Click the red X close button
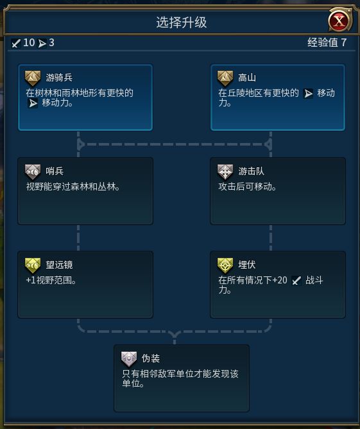click(339, 21)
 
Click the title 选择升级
click(182, 22)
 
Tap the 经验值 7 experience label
click(327, 43)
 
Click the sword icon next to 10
click(16, 43)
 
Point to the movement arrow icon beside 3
click(42, 43)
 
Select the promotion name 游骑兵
click(59, 78)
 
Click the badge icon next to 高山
click(225, 78)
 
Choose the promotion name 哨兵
click(55, 171)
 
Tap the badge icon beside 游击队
click(225, 172)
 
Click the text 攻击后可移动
click(247, 187)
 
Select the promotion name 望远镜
click(59, 265)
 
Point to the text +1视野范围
click(51, 280)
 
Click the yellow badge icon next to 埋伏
click(225, 265)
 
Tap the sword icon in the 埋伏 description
click(296, 280)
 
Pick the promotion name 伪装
click(151, 358)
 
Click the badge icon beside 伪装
click(129, 359)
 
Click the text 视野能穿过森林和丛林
click(73, 187)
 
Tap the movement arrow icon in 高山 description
click(308, 94)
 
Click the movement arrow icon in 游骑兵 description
click(33, 103)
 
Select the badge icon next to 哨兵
click(33, 172)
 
